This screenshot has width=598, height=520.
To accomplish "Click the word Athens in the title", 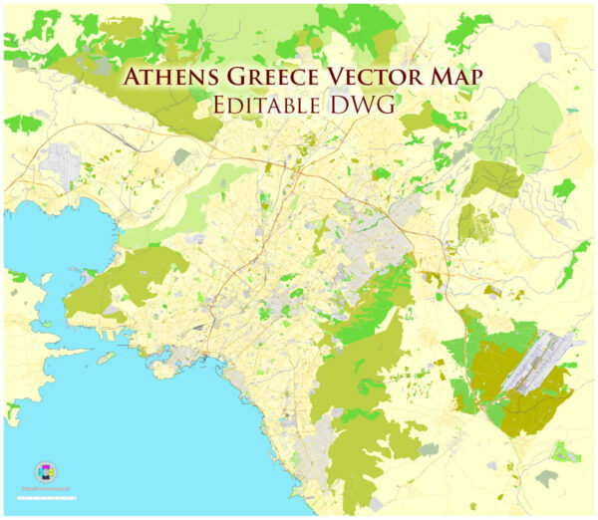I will pos(173,78).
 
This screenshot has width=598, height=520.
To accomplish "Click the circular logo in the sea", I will pos(46,471).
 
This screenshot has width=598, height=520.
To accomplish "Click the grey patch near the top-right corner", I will pos(542,50).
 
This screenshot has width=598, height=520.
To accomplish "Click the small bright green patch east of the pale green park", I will pos(564,187).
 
